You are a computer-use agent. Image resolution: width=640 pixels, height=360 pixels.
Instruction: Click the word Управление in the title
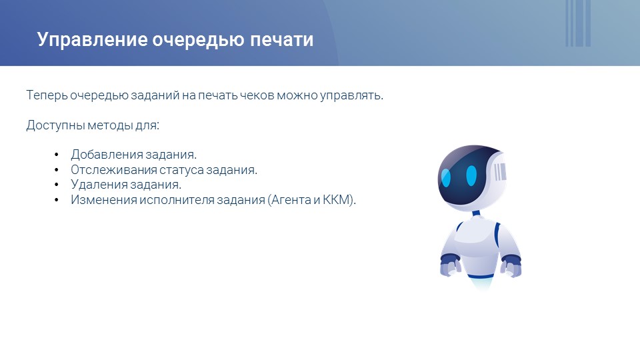coord(92,40)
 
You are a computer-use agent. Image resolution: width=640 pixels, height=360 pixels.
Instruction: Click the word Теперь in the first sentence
coord(47,95)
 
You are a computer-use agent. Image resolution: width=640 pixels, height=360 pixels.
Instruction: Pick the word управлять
coord(351,95)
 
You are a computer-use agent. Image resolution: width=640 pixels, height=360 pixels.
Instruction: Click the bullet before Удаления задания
coord(56,185)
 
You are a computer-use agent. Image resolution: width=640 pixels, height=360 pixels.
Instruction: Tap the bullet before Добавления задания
coord(56,155)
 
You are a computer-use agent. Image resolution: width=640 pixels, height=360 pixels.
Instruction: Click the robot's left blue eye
coord(446,177)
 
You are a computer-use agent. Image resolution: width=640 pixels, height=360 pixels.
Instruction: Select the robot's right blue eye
coord(471,175)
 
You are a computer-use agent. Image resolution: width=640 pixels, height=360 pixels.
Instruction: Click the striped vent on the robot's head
coord(500,172)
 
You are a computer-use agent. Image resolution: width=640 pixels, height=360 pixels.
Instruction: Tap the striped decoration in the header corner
coord(578,23)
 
